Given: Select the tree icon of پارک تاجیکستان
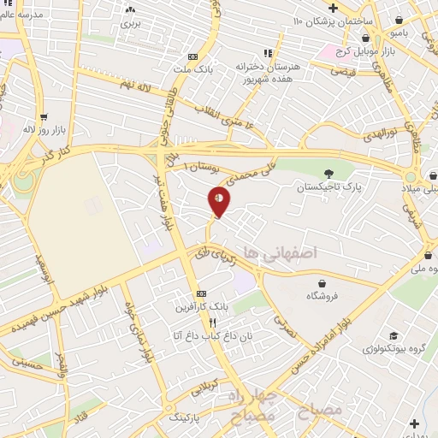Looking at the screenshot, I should (x=329, y=173).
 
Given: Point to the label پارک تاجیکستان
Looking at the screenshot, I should (x=329, y=186).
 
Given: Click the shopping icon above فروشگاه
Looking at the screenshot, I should (x=323, y=283).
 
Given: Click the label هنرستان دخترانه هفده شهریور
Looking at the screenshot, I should (x=252, y=72).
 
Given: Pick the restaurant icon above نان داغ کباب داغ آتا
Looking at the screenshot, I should (x=212, y=323).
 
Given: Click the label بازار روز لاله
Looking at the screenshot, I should (x=41, y=130).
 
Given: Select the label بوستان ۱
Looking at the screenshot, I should (x=204, y=168).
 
